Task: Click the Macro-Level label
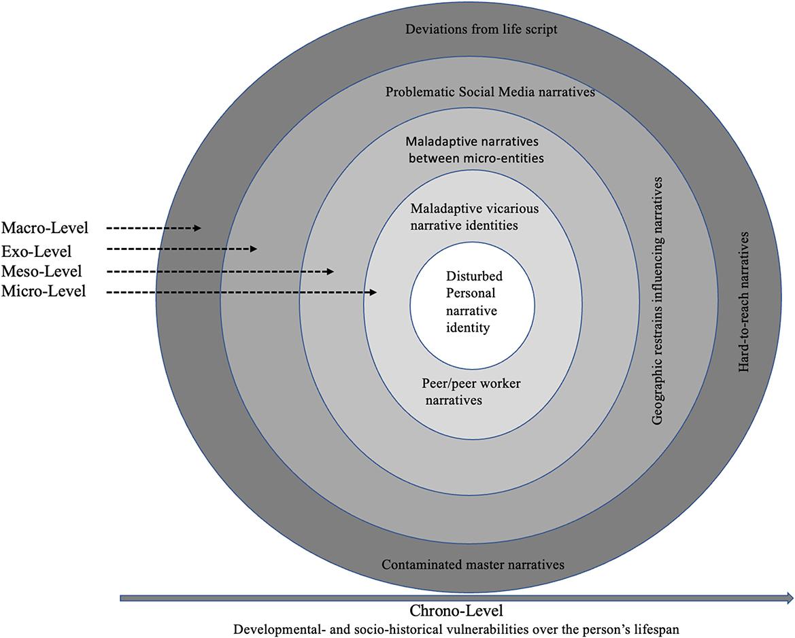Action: point(45,228)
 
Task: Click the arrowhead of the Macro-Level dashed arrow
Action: point(197,228)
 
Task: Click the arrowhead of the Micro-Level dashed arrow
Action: point(373,292)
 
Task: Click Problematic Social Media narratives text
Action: point(490,92)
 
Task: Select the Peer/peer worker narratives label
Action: point(471,392)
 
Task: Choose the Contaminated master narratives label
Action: point(473,565)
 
